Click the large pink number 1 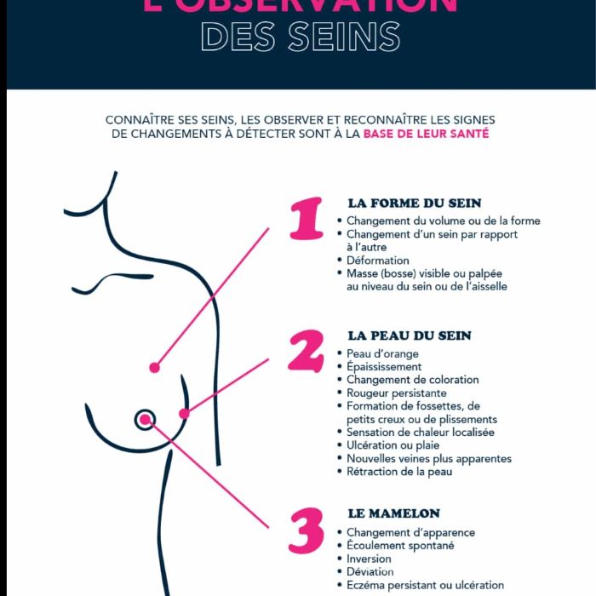pyautogui.click(x=307, y=220)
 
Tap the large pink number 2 pyautogui.click(x=306, y=351)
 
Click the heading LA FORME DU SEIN pyautogui.click(x=415, y=203)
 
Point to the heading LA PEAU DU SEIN pyautogui.click(x=410, y=335)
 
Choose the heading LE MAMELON pyautogui.click(x=394, y=513)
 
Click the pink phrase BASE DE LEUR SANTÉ pyautogui.click(x=426, y=134)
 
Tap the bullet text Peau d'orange pyautogui.click(x=382, y=354)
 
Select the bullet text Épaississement pyautogui.click(x=384, y=367)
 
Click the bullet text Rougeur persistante pyautogui.click(x=397, y=393)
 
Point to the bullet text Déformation pyautogui.click(x=378, y=261)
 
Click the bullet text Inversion pyautogui.click(x=370, y=559)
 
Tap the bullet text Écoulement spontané pyautogui.click(x=400, y=546)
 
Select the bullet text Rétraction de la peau pyautogui.click(x=399, y=472)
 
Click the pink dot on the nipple pyautogui.click(x=145, y=419)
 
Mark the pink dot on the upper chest pyautogui.click(x=154, y=368)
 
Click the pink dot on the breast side pyautogui.click(x=184, y=413)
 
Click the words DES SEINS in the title pyautogui.click(x=301, y=37)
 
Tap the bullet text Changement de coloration pyautogui.click(x=413, y=380)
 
